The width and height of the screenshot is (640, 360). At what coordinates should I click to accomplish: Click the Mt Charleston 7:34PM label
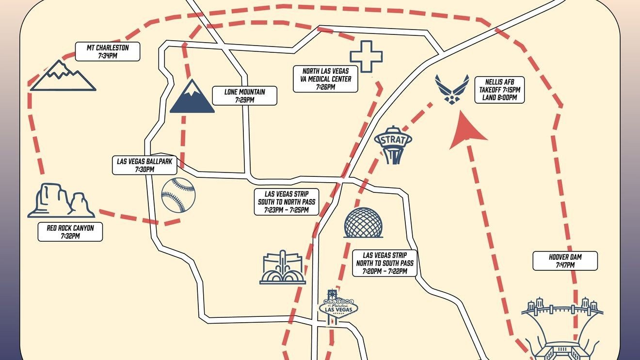[108, 52]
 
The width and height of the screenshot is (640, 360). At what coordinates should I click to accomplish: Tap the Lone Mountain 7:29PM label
[244, 95]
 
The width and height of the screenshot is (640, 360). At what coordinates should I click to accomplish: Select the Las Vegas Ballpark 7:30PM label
[144, 165]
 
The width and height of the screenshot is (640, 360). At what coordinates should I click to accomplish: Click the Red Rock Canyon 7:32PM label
[70, 232]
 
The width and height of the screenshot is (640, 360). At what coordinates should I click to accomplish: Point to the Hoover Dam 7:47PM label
[565, 261]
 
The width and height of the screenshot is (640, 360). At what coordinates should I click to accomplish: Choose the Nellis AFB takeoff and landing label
[499, 90]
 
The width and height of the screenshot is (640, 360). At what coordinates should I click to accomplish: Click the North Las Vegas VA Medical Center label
[326, 79]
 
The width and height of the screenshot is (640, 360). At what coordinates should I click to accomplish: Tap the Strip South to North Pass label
[287, 202]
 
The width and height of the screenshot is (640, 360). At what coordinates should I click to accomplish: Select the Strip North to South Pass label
[385, 263]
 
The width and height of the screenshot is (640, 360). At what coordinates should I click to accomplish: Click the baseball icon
[178, 195]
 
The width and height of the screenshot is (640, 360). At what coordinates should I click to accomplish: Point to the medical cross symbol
[366, 57]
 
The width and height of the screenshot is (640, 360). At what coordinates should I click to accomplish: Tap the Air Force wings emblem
[452, 89]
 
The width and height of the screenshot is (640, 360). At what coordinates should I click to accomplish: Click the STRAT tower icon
[393, 145]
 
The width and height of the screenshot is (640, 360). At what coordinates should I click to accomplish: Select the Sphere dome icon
[363, 223]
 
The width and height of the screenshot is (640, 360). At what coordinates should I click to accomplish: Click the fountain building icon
[283, 267]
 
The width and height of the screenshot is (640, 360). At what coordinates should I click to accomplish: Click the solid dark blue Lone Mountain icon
[192, 96]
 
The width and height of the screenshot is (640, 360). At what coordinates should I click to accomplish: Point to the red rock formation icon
[61, 201]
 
